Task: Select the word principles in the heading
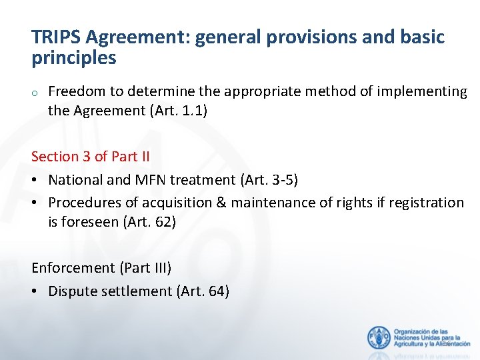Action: (x=73, y=59)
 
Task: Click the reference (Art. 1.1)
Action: (x=175, y=111)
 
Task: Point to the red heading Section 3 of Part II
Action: (x=91, y=157)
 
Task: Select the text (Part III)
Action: (x=145, y=268)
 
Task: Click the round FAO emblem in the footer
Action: (x=379, y=338)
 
